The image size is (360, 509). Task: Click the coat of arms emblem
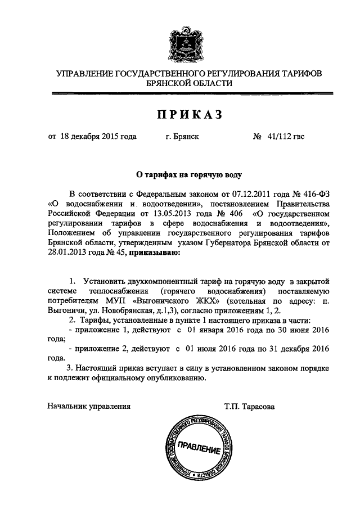click(x=180, y=40)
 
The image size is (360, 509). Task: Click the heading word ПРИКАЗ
click(x=190, y=115)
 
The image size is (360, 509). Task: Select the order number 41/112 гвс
click(x=286, y=136)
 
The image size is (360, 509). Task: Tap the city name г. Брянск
click(x=182, y=136)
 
